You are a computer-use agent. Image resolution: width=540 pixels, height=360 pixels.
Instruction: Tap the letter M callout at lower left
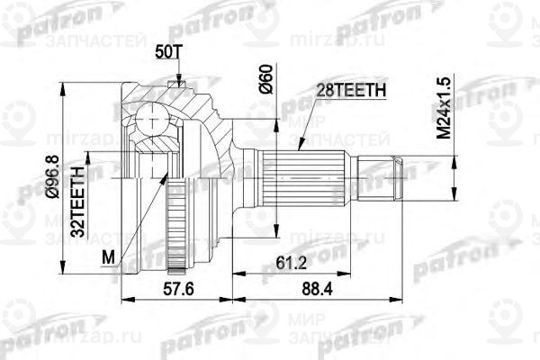tap(109, 257)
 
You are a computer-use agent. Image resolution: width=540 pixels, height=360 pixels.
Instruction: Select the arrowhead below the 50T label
tap(182, 84)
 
